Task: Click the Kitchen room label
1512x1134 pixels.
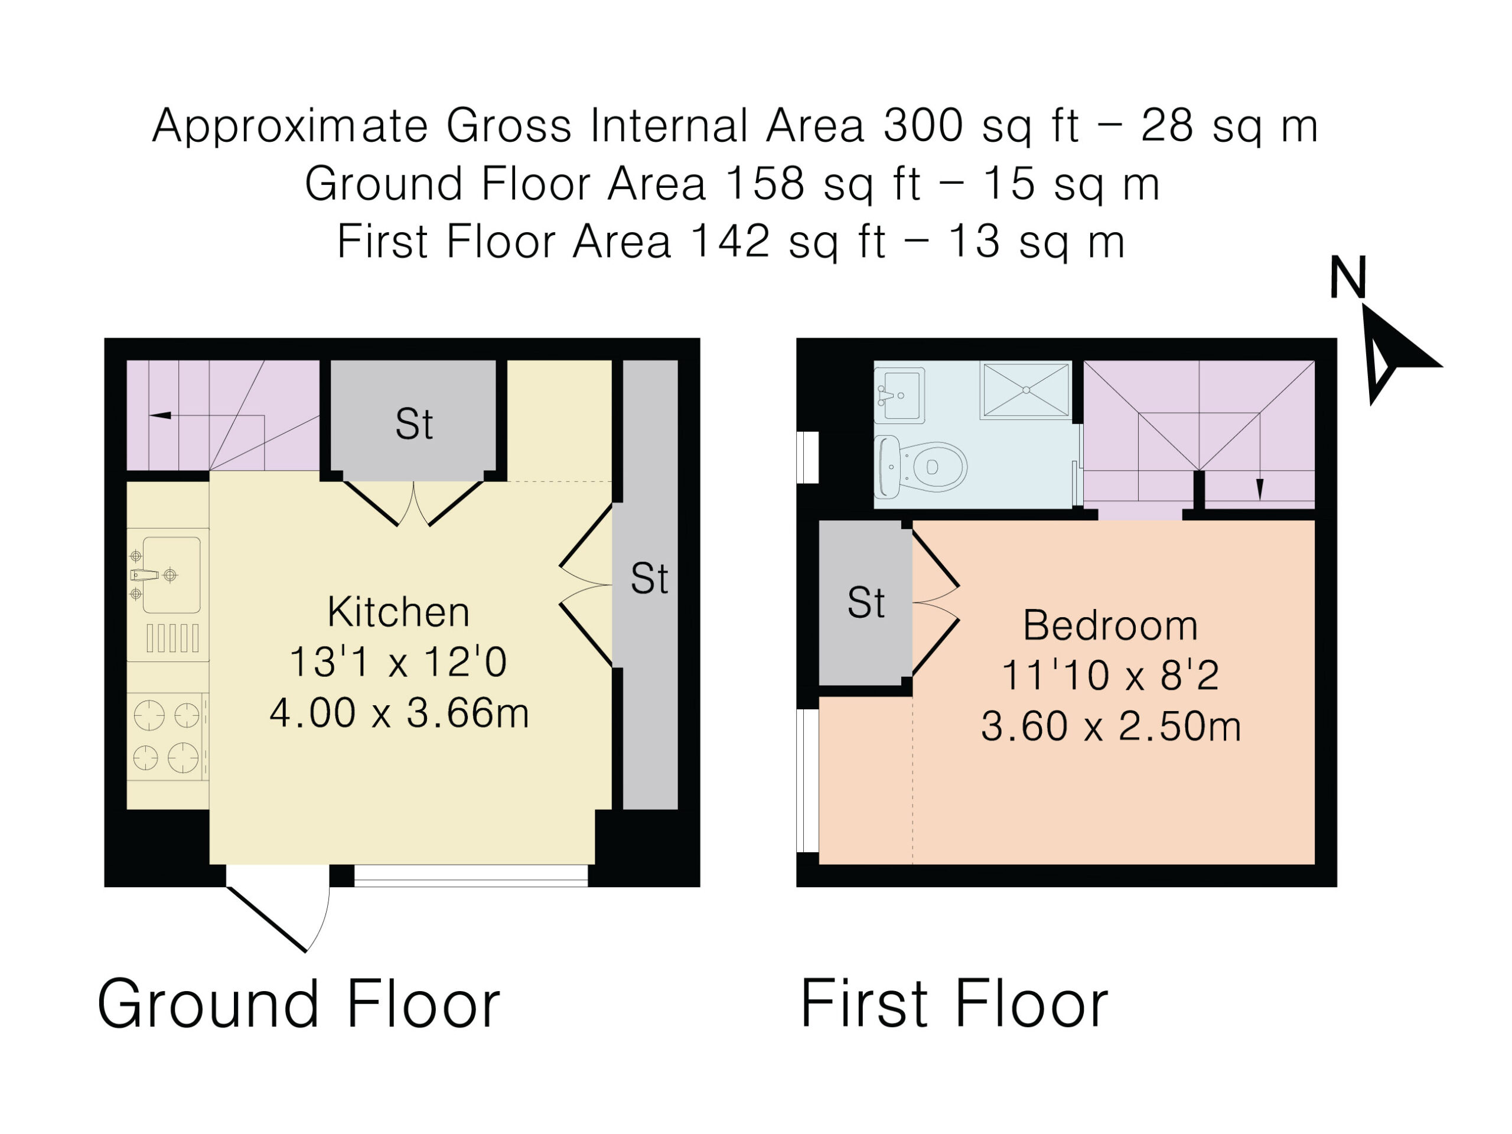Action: pos(399,612)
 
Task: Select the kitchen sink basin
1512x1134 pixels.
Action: pos(171,575)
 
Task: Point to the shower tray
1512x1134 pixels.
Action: pos(1025,390)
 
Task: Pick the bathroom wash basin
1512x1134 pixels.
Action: pos(900,395)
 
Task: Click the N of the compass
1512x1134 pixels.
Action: pos(1348,277)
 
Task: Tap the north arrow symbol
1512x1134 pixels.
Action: pos(1394,356)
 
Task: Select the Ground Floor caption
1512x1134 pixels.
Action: pos(299,1004)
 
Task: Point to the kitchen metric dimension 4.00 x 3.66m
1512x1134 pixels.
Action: pos(399,713)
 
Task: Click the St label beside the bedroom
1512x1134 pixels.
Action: pos(866,602)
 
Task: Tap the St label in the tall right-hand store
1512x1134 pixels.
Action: pos(649,578)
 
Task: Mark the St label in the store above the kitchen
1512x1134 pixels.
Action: pos(414,424)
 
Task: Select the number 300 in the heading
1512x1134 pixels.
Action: pos(923,126)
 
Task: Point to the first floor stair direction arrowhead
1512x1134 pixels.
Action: pos(1260,488)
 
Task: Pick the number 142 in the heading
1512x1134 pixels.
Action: pos(730,242)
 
